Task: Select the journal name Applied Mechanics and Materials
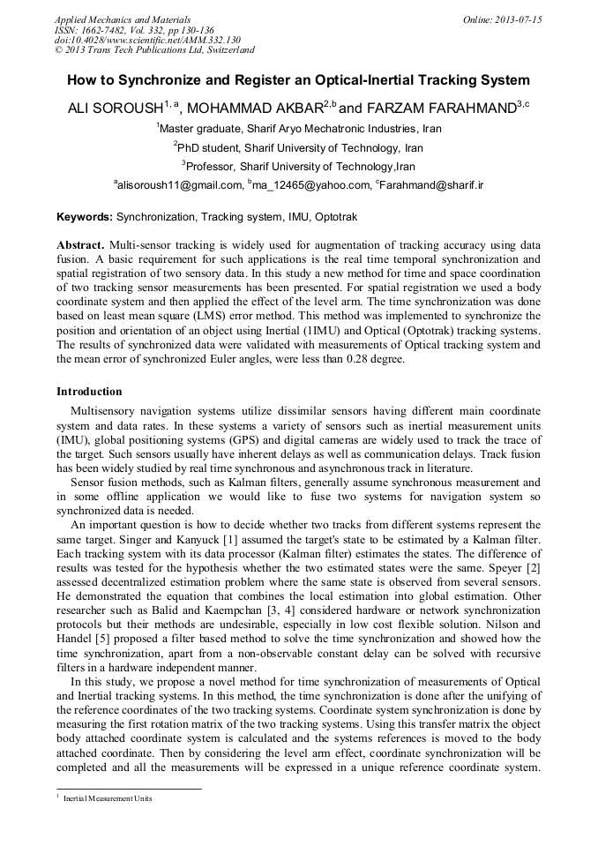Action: tap(123, 19)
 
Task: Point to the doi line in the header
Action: tap(147, 41)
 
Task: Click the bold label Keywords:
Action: tap(85, 216)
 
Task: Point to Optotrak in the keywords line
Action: tap(336, 216)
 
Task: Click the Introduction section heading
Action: tap(89, 392)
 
